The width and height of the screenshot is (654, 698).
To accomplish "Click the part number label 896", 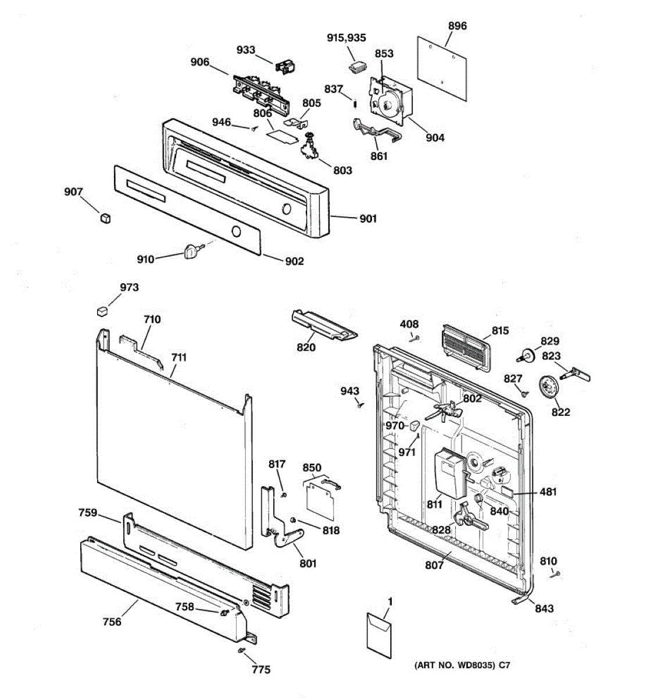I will [x=458, y=26].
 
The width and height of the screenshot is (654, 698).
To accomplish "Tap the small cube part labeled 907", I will [x=105, y=217].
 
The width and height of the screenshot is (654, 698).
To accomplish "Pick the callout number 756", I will [x=112, y=622].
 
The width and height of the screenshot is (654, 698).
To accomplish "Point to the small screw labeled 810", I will [x=555, y=575].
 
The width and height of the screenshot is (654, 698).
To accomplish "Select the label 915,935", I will [x=346, y=38].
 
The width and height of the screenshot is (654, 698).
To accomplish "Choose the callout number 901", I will [x=368, y=219].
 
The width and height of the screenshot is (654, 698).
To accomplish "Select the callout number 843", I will [x=544, y=608].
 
